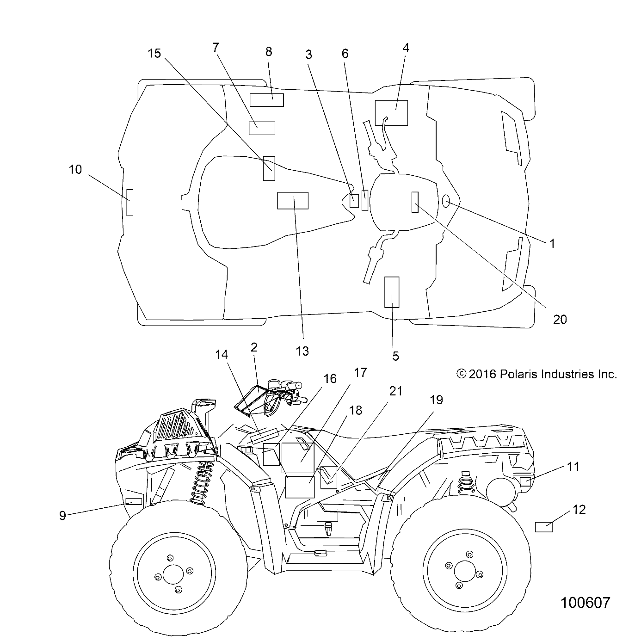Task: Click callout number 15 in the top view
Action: tap(154, 54)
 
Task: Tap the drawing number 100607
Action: tap(585, 603)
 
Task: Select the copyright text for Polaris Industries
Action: tap(536, 374)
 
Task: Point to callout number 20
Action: tap(560, 319)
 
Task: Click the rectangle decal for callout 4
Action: tap(391, 113)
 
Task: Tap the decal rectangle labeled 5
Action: tap(392, 292)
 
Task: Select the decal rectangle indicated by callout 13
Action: tap(292, 201)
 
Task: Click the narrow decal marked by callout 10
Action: tap(129, 202)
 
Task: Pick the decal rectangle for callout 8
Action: tap(266, 99)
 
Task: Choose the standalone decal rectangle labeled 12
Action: tap(544, 526)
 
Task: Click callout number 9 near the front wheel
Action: tap(62, 515)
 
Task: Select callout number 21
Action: tap(396, 391)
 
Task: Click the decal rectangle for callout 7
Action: tap(262, 128)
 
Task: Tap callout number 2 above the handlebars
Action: tap(254, 347)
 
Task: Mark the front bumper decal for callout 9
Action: tap(134, 501)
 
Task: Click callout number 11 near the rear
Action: tap(573, 467)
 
